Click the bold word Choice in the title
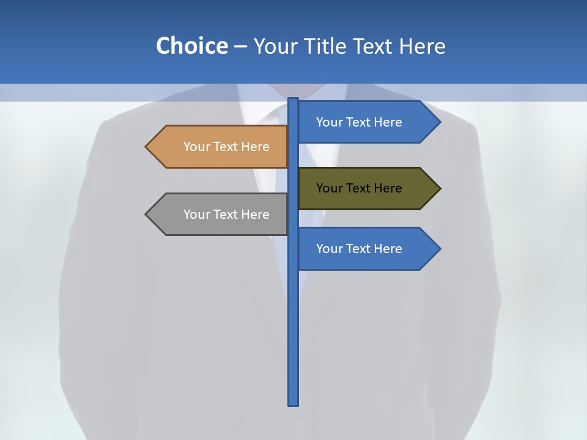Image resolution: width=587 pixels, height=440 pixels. point(191,46)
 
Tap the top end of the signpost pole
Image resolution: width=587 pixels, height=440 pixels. point(293,100)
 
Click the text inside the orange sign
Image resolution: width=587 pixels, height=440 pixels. point(226,147)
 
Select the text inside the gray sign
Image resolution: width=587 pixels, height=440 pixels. point(226,215)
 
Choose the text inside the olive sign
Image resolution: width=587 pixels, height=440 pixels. point(359,188)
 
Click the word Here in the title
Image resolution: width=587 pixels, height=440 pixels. point(422,46)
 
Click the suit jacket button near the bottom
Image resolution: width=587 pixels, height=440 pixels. point(298,429)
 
